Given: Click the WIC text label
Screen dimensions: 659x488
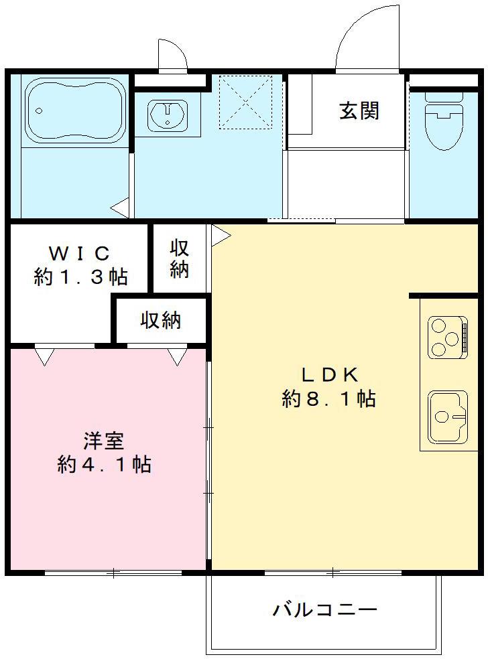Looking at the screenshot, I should tap(79, 253).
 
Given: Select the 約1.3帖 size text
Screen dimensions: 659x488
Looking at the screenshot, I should tap(80, 277).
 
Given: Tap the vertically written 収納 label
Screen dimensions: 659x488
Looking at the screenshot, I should tap(179, 259).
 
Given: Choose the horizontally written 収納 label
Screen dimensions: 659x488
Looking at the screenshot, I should tap(160, 321).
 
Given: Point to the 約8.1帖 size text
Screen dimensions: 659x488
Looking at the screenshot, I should tap(328, 399).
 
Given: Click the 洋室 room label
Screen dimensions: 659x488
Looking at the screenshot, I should tap(104, 441).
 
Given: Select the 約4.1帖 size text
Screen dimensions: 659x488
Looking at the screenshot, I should tap(104, 465).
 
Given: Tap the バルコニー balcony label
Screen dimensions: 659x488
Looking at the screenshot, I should tap(324, 610).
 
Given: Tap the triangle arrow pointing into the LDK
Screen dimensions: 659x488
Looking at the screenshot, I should tap(221, 234).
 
